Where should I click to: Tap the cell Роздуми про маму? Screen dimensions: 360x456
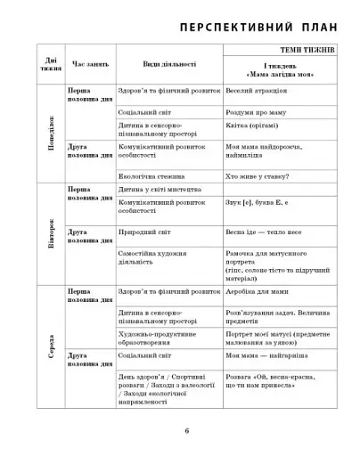coord(253,114)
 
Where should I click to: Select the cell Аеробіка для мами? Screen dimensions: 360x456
coord(256,292)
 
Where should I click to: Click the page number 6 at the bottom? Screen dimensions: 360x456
coord(186,431)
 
